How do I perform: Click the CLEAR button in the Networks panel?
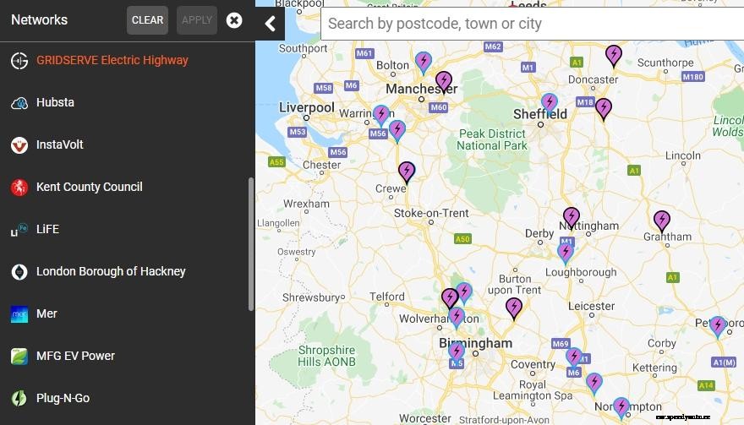pos(147,20)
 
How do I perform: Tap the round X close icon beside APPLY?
pos(234,20)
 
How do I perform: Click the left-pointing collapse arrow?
pos(270,23)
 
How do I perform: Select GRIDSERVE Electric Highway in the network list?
pos(112,60)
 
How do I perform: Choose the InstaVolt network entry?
pos(59,144)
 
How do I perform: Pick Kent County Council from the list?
pos(89,187)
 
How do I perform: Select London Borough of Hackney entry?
pos(111,271)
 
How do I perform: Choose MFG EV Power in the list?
pos(75,356)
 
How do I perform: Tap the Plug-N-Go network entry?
pos(63,398)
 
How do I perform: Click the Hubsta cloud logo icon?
pos(19,103)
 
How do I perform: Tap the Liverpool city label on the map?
pos(307,107)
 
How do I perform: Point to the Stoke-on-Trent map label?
pos(431,213)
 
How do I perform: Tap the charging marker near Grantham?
pos(661,221)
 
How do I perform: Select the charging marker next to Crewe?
pos(407,172)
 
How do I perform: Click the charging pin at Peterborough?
pos(717,325)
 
